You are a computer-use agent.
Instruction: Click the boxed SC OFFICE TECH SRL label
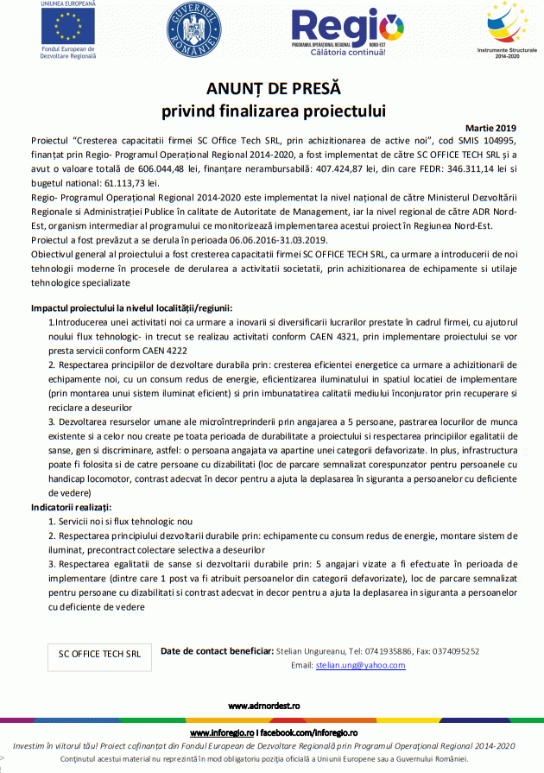point(99,654)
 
